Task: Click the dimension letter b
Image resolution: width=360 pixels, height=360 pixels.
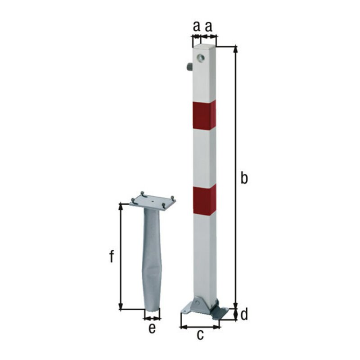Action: (243, 178)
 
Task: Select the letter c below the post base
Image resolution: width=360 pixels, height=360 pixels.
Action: (201, 334)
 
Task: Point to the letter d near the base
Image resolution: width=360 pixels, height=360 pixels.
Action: (244, 315)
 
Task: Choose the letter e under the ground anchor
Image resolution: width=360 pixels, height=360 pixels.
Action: (152, 328)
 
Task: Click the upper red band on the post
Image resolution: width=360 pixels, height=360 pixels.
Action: (204, 115)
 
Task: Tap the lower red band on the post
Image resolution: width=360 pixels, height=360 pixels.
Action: (204, 199)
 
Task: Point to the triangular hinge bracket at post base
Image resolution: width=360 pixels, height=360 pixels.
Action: (196, 305)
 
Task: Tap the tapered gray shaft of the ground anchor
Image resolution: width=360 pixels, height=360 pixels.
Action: (152, 261)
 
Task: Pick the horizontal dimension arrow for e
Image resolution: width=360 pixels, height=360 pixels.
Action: (152, 318)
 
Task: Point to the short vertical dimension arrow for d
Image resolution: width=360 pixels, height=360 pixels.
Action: (235, 314)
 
